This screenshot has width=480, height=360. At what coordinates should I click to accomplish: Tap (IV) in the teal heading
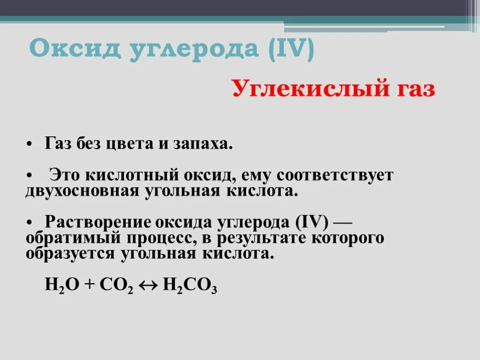(x=292, y=49)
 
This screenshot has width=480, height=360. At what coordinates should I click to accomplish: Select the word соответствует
(x=335, y=175)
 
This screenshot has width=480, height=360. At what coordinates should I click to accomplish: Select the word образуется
(x=70, y=254)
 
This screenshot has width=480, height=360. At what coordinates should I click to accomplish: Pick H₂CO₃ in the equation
(x=189, y=285)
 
